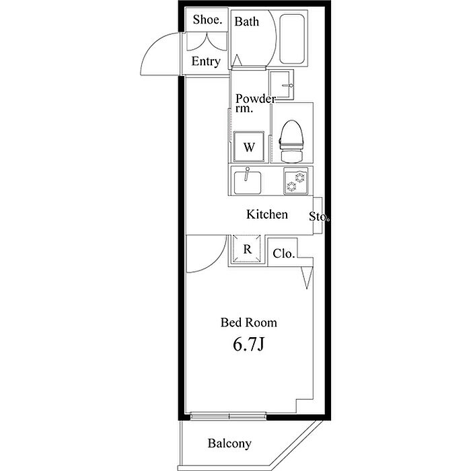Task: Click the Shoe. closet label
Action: [x=207, y=20]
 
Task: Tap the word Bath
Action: [x=247, y=22]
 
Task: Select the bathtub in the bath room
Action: [x=292, y=39]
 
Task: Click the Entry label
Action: [x=206, y=62]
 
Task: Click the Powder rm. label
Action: [x=255, y=103]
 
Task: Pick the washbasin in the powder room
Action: [x=281, y=84]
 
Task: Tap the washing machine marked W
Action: [x=249, y=147]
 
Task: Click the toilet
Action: [x=291, y=141]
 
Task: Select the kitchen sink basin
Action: [x=248, y=182]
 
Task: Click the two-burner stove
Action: [x=296, y=181]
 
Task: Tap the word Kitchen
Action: [x=267, y=214]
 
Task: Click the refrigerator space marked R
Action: [x=247, y=249]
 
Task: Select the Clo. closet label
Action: [x=284, y=254]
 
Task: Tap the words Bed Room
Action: [x=249, y=322]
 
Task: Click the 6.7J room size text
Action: [x=249, y=345]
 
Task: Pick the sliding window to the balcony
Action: [x=229, y=416]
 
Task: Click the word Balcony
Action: [x=229, y=443]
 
